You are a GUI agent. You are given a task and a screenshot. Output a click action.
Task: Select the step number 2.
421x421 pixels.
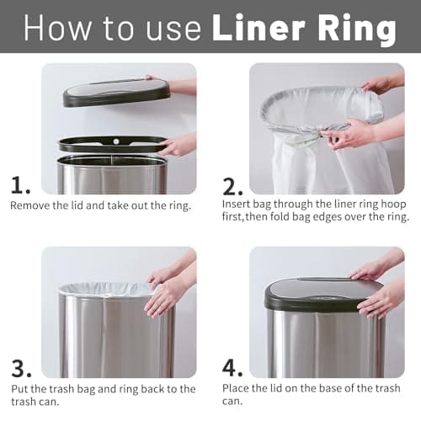[x=232, y=184]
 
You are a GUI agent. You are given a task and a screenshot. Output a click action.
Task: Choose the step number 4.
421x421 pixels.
[x=233, y=367]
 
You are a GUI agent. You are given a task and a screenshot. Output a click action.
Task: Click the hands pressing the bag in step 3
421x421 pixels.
[x=164, y=295]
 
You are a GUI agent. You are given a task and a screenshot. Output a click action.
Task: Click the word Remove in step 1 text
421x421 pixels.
[x=31, y=205]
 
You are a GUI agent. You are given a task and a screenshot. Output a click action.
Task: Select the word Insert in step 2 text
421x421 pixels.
[x=237, y=205]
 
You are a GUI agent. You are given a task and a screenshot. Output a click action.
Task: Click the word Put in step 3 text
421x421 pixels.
[x=19, y=389]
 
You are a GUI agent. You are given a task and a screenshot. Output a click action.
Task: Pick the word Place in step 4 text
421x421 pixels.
[x=237, y=389]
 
